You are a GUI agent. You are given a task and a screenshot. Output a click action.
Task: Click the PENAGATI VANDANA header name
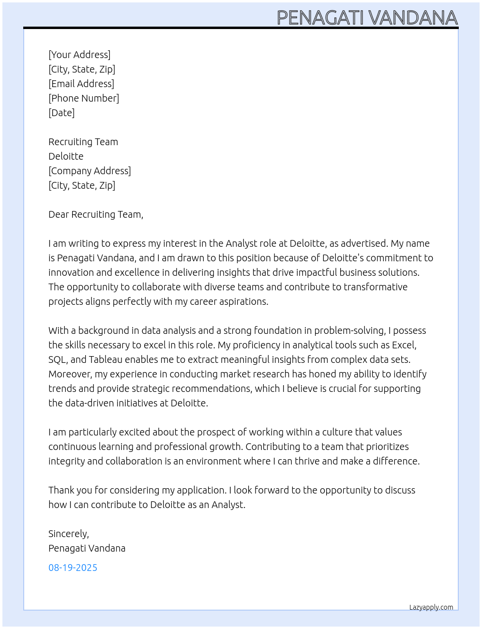click(367, 18)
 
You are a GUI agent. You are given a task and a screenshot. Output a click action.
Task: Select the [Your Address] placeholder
click(79, 55)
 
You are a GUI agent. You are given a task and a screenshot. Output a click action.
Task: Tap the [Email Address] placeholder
click(81, 84)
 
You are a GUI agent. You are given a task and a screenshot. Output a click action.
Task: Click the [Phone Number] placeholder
click(84, 98)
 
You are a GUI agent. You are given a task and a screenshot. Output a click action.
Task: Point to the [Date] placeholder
click(61, 113)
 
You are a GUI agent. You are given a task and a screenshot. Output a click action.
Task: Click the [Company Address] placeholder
click(90, 171)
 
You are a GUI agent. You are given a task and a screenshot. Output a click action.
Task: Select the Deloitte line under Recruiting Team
click(66, 156)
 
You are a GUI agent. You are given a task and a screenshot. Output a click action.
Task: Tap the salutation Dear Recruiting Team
click(96, 214)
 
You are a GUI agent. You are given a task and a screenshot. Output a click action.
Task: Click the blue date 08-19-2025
click(73, 568)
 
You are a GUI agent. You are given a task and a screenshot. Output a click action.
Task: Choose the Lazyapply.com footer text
click(431, 607)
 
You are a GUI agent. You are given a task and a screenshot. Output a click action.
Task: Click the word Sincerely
click(68, 534)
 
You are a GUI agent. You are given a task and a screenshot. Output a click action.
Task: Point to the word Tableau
click(105, 359)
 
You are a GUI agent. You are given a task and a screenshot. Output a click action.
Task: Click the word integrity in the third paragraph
click(66, 461)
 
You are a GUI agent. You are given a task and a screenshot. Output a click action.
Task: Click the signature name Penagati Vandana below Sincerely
click(87, 548)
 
